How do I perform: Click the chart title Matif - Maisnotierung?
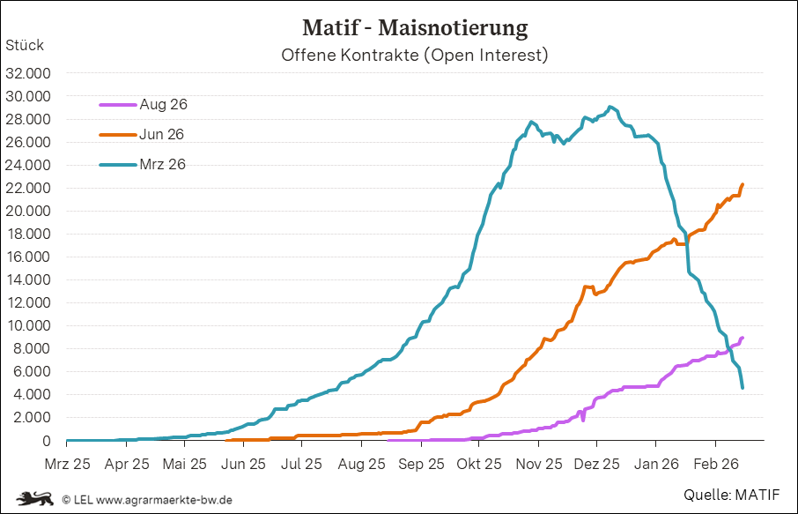415,27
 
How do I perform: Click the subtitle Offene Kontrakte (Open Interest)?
415,55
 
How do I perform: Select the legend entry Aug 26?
163,104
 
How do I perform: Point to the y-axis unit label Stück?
25,45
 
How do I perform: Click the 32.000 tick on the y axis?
28,73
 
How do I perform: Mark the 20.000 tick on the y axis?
28,211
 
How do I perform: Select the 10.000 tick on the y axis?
28,325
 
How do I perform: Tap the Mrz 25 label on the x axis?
67,463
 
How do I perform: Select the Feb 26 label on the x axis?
714,463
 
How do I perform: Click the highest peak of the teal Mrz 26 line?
610,108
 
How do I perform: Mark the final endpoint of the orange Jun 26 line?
743,184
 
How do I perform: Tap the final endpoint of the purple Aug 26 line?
743,338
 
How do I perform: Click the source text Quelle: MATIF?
732,495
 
